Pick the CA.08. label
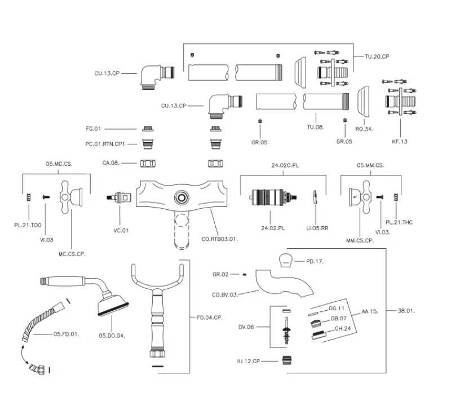pos(110,163)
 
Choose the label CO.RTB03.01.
pos(219,239)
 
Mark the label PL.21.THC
pos(400,222)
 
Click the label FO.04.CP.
pos(210,318)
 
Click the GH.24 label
pos(343,328)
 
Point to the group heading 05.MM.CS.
pos(370,165)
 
